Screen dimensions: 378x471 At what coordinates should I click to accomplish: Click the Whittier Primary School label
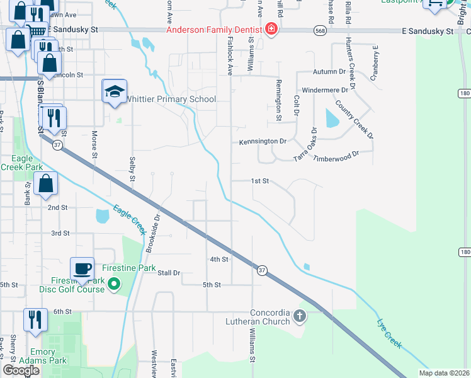tap(171, 100)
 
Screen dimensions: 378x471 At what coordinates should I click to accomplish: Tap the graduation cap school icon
tap(115, 92)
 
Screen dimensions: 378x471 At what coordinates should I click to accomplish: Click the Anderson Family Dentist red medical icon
tap(271, 30)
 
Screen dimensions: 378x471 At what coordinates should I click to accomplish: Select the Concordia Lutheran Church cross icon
tap(300, 316)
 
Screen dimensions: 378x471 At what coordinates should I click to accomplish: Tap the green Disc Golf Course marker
tap(113, 285)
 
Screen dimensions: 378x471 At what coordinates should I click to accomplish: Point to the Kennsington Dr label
tap(263, 142)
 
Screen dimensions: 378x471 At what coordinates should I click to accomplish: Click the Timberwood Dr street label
tap(336, 155)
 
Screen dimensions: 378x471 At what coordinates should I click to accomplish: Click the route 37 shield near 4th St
tap(262, 270)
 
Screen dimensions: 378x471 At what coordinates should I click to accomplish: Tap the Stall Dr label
tap(169, 273)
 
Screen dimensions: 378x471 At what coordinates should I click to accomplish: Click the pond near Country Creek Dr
tap(330, 118)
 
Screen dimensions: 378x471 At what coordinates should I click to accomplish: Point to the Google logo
tap(21, 370)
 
